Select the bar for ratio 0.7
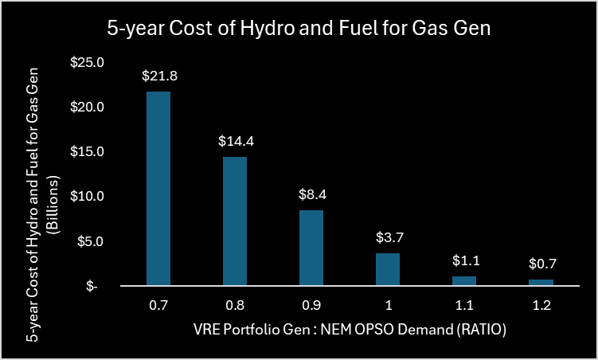coord(158,188)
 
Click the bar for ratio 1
coord(387,269)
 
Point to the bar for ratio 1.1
coord(463,280)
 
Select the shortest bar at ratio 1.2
coord(541,282)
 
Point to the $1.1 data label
coord(463,260)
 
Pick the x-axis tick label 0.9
coord(311,305)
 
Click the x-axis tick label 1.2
coord(541,305)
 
